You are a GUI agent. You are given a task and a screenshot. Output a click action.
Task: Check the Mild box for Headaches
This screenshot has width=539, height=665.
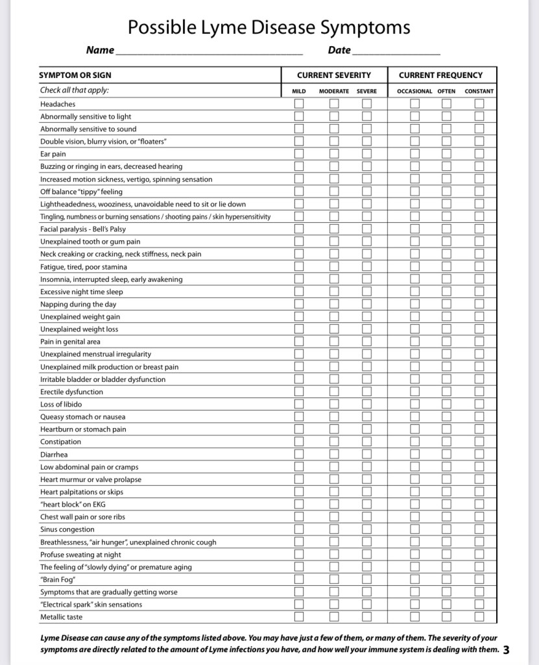(299, 104)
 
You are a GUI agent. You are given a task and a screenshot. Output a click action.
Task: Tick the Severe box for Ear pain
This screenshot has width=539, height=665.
(367, 154)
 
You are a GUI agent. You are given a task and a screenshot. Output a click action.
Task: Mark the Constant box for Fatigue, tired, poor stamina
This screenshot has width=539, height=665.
(479, 267)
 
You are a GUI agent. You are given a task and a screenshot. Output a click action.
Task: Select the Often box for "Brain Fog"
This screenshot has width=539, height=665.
(446, 579)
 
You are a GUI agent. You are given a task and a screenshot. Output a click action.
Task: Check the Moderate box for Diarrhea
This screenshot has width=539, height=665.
(334, 455)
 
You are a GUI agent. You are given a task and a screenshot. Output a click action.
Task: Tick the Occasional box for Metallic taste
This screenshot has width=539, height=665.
(414, 617)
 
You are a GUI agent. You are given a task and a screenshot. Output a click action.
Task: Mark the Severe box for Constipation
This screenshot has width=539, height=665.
(367, 442)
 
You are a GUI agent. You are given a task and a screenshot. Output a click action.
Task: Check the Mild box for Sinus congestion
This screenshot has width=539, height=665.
(299, 529)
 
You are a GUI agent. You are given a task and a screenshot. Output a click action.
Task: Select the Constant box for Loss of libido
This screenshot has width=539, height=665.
(479, 405)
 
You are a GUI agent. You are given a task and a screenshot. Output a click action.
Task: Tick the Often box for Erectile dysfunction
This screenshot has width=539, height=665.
(446, 392)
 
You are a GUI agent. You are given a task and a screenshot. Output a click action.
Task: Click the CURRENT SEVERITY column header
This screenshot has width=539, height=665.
(334, 75)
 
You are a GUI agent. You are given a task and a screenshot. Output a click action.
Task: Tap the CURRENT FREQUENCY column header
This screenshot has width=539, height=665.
(440, 75)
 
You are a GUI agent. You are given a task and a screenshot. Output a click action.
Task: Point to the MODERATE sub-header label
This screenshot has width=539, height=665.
(334, 92)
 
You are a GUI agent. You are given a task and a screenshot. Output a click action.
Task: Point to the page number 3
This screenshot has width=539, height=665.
(506, 649)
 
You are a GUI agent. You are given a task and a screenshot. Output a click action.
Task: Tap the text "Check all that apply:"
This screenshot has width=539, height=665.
(75, 91)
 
